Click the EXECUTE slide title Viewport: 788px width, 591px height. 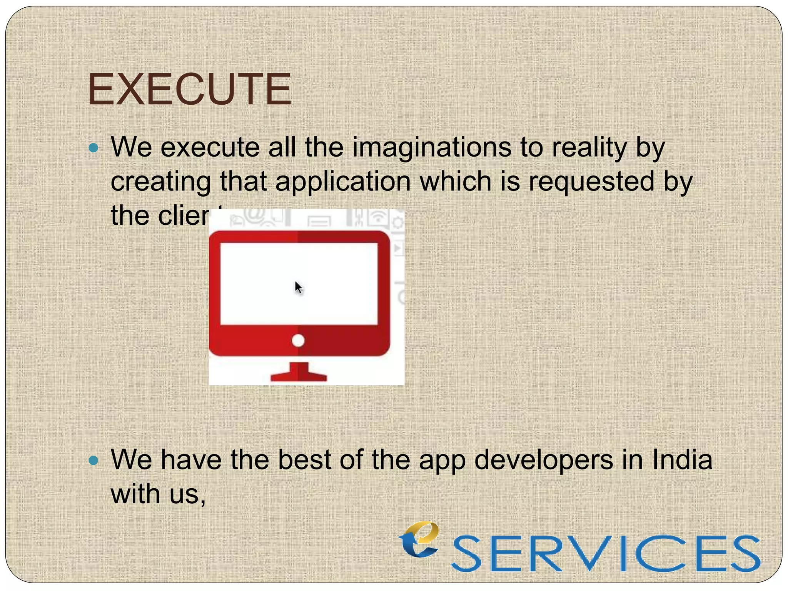tap(189, 89)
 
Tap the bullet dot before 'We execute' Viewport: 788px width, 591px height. tap(93, 148)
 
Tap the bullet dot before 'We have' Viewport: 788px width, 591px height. tap(93, 461)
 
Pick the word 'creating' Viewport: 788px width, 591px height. tap(161, 182)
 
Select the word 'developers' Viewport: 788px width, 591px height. tap(543, 461)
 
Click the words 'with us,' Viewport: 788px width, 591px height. tap(158, 494)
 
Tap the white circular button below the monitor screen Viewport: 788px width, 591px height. tap(298, 341)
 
